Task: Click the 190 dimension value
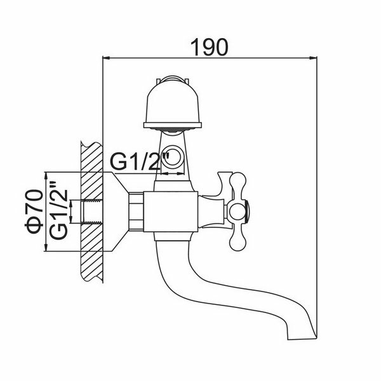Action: (210, 48)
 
